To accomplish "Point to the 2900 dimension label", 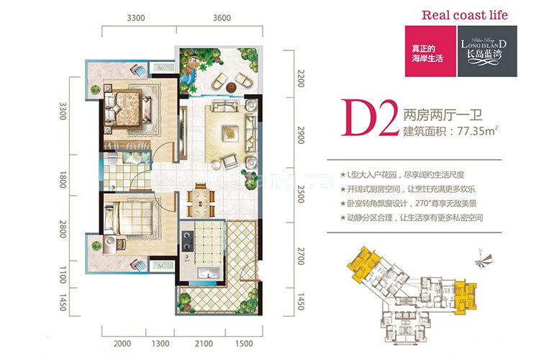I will pyautogui.click(x=301, y=135).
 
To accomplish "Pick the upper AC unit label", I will pyautogui.click(x=161, y=67).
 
